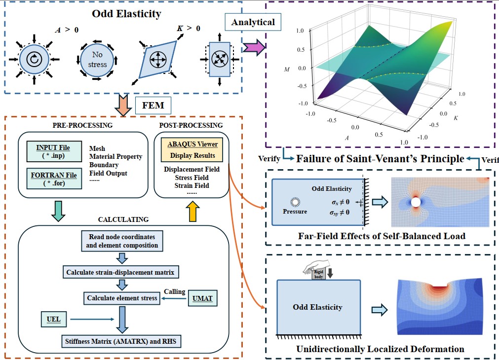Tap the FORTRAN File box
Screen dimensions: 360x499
pos(53,179)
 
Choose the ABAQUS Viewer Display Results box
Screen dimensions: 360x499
pos(193,150)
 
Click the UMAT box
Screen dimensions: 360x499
pos(202,298)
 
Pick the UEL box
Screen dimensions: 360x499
pos(53,319)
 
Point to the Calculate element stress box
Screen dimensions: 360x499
pos(122,298)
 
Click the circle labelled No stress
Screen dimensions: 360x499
pos(98,60)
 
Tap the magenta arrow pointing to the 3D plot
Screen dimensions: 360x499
pos(253,48)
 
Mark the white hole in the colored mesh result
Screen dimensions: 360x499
pos(416,202)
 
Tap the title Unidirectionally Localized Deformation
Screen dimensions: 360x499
pos(380,349)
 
